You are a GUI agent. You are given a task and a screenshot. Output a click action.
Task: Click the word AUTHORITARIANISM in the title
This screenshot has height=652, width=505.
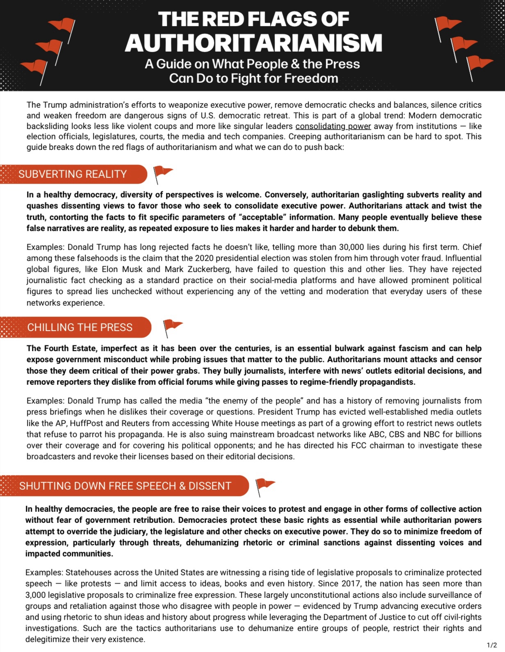253,43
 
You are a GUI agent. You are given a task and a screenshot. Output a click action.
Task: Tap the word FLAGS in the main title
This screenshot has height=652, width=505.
281,19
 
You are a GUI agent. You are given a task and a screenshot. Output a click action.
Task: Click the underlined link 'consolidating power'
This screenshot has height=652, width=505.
333,126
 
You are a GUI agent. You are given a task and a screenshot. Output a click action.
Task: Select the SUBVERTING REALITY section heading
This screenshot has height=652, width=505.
73,174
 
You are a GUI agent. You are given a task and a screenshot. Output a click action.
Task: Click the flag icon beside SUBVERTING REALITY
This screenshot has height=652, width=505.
162,174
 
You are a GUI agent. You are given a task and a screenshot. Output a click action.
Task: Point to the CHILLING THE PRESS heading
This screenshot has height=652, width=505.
80,327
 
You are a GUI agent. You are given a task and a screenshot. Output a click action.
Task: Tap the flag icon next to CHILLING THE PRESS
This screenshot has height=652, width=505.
172,327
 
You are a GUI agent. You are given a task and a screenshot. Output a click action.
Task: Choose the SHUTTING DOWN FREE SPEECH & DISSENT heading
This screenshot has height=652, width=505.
125,486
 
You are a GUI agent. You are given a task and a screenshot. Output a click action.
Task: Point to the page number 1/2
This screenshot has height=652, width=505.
491,645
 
